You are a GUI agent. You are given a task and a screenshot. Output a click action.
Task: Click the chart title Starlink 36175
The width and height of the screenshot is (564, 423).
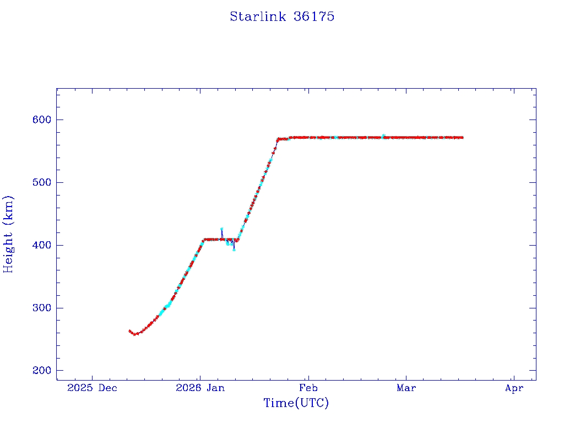pyautogui.click(x=282, y=17)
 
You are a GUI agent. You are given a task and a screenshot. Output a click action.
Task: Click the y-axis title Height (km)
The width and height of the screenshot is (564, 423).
pyautogui.click(x=8, y=234)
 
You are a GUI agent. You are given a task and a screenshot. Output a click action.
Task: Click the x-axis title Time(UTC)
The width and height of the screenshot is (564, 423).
pyautogui.click(x=296, y=403)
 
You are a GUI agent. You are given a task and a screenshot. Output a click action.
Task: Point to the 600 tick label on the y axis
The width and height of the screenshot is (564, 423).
pyautogui.click(x=41, y=120)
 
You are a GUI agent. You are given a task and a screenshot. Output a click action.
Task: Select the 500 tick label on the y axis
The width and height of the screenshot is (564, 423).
pyautogui.click(x=41, y=182)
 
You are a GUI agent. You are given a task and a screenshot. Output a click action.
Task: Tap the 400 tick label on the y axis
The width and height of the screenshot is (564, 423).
pyautogui.click(x=41, y=245)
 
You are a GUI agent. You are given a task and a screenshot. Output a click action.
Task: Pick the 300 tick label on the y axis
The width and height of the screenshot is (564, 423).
pyautogui.click(x=41, y=308)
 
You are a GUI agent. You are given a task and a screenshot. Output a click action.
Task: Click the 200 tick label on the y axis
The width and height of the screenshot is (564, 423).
pyautogui.click(x=41, y=371)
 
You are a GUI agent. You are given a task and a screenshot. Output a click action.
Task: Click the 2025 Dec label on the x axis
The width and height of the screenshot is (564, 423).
pyautogui.click(x=93, y=388)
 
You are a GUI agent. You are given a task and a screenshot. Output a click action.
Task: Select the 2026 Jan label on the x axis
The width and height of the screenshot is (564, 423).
pyautogui.click(x=200, y=388)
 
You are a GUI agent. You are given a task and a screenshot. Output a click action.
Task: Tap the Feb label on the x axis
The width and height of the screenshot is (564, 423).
pyautogui.click(x=308, y=388)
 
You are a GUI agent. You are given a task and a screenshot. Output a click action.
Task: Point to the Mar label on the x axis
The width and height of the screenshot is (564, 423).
pyautogui.click(x=406, y=388)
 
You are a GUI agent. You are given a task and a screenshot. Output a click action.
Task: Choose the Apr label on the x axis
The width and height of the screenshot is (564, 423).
pyautogui.click(x=514, y=388)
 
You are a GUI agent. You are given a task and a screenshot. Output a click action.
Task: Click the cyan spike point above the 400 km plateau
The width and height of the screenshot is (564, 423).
pyautogui.click(x=221, y=229)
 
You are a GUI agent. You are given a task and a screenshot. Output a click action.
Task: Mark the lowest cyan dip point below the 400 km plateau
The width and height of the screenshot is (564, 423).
pyautogui.click(x=234, y=250)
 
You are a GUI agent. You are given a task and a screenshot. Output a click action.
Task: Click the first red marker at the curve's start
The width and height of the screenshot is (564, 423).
pyautogui.click(x=129, y=331)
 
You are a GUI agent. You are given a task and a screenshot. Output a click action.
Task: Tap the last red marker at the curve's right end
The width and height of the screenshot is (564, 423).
pyautogui.click(x=462, y=137)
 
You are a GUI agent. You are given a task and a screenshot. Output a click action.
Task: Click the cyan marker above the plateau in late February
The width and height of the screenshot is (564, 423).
pyautogui.click(x=383, y=135)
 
